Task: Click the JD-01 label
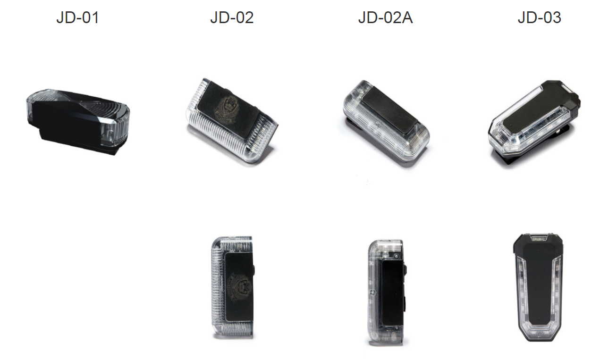77,17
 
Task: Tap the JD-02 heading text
232,17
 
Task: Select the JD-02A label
385,17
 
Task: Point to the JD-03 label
540,17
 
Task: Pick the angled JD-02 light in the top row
232,121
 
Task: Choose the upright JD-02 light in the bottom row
232,287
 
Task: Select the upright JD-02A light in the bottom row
387,293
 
